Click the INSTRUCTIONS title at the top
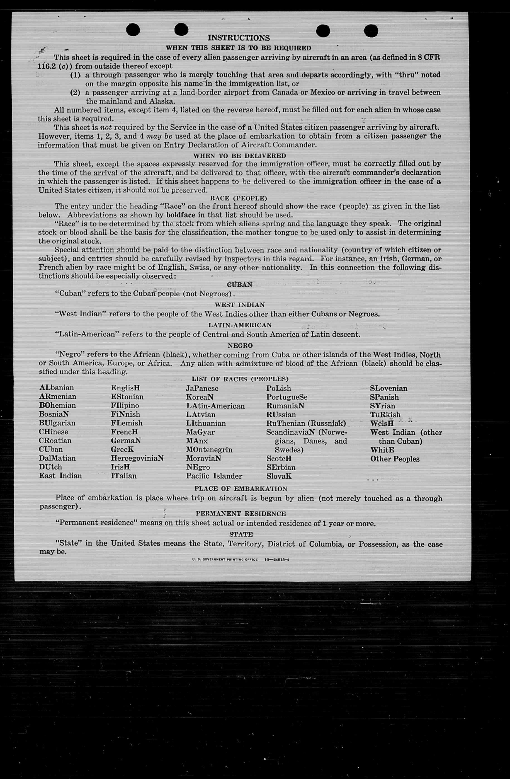coord(239,38)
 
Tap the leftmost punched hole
coord(133,30)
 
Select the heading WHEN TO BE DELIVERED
coord(239,156)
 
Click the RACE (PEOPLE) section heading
coord(239,198)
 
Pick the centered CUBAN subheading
coord(240,284)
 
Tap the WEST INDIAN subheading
coord(239,305)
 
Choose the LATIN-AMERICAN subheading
coord(240,325)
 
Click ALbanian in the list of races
coord(57,388)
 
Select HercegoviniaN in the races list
coord(137,458)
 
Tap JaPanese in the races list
coord(202,388)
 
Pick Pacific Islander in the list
coord(214,476)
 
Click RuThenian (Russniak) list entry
coord(306,423)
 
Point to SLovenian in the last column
coord(389,388)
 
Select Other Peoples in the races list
coord(395,459)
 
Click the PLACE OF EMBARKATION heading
coord(241,489)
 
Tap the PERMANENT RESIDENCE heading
coord(241,514)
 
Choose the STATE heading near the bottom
coord(241,534)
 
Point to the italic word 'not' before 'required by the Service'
coord(105,127)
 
